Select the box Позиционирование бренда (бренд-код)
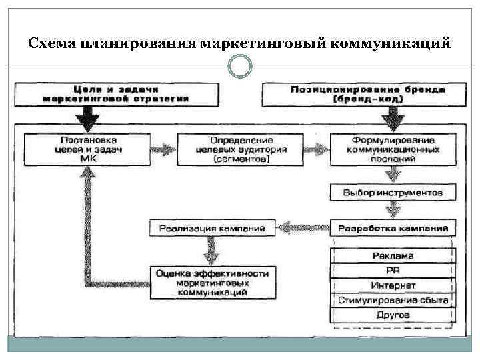[x=358, y=93]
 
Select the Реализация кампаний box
[x=212, y=229]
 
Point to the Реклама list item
[x=393, y=255]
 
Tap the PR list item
[x=393, y=270]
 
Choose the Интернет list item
[x=393, y=285]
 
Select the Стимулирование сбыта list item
[x=393, y=300]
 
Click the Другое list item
[x=393, y=315]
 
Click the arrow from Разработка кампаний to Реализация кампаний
[x=303, y=229]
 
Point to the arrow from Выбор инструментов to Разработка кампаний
[x=393, y=210]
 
